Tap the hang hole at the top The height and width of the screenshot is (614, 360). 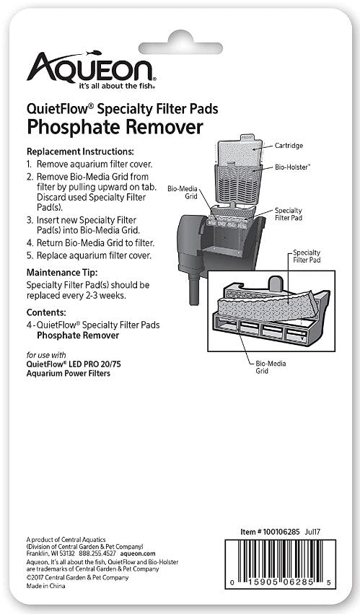tap(180, 25)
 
